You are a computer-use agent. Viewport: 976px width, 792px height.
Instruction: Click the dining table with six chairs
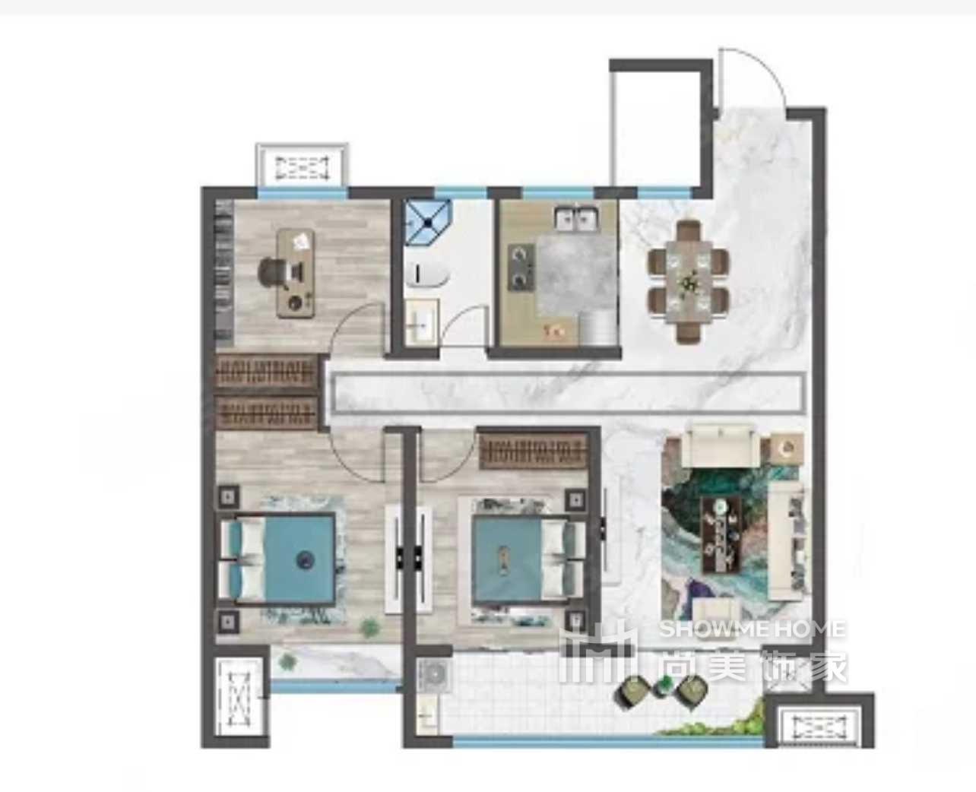689,280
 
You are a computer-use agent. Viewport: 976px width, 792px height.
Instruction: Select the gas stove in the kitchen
521,267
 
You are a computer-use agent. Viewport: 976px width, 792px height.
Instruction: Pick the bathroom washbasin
422,322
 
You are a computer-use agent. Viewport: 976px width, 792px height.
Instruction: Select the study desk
296,274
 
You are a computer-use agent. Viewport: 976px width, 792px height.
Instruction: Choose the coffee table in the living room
721,534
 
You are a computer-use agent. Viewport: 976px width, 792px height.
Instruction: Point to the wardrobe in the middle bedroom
533,451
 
